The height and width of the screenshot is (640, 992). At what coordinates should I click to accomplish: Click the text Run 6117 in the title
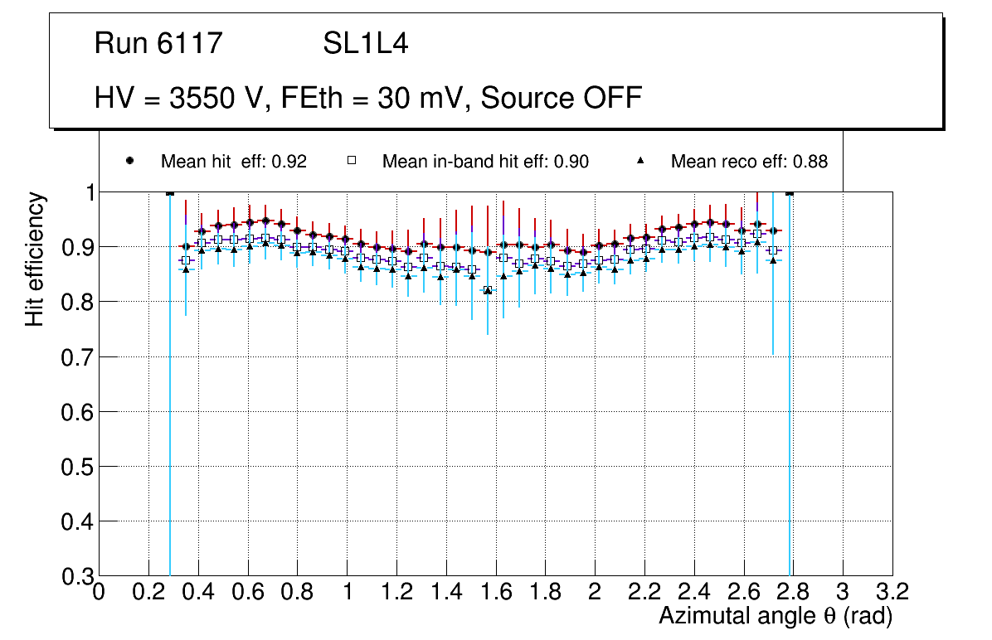(x=158, y=44)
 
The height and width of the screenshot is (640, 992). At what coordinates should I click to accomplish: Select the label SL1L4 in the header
(x=365, y=44)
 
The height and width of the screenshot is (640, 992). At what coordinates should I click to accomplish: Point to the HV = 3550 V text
(x=180, y=98)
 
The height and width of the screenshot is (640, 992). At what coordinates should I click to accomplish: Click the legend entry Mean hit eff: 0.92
(x=233, y=162)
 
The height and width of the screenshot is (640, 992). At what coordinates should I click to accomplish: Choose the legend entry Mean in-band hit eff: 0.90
(x=484, y=162)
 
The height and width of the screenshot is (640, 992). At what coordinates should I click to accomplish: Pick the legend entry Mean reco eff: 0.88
(x=748, y=162)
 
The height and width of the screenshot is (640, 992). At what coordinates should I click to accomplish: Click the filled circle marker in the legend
(x=129, y=161)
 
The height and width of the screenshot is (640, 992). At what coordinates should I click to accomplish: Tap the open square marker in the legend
(x=351, y=161)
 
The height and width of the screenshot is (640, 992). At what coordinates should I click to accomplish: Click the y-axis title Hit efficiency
(x=35, y=259)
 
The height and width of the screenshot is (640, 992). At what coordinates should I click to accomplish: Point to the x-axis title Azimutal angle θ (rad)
(x=776, y=616)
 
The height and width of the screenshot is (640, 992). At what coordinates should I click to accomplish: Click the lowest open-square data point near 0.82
(x=488, y=290)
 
